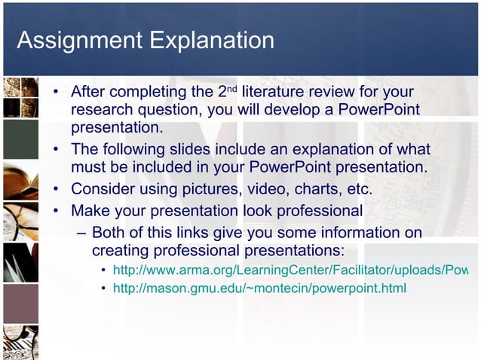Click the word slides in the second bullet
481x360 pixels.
[x=189, y=149]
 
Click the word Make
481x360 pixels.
[x=90, y=210]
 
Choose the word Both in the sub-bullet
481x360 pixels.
[x=111, y=233]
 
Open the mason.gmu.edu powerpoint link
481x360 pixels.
[x=259, y=288]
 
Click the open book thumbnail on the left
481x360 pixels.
[x=20, y=181]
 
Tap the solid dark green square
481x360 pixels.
[x=20, y=139]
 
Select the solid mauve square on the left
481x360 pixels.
[x=20, y=304]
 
